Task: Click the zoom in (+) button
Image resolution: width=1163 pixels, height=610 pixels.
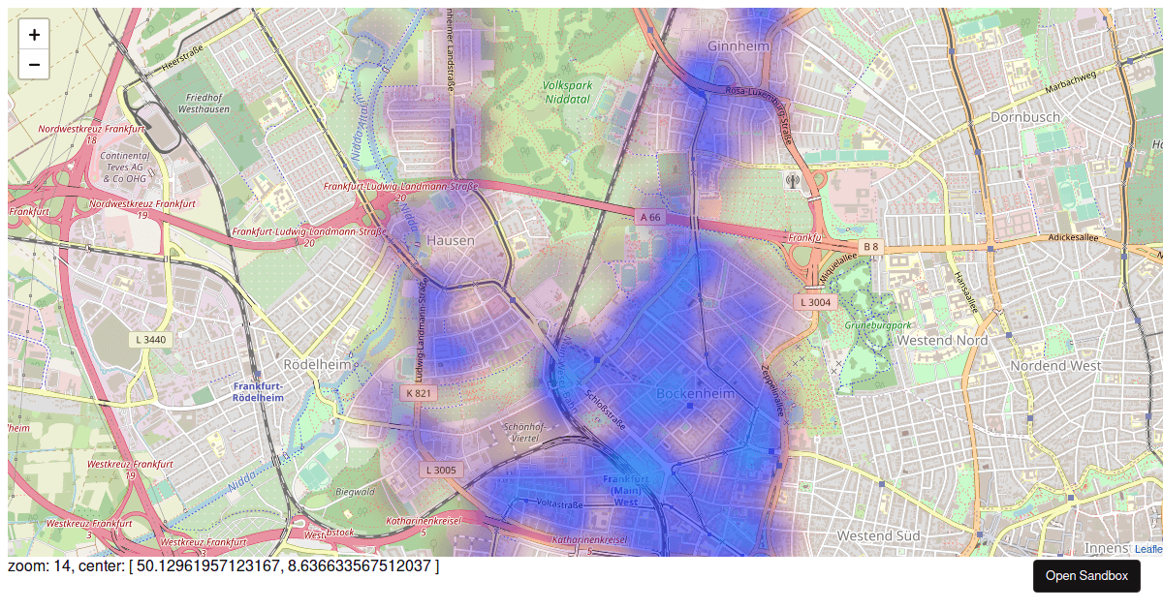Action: coord(34,35)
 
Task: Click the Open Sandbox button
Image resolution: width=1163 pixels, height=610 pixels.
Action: coord(1086,576)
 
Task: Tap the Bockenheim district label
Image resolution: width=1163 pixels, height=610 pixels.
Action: coord(696,394)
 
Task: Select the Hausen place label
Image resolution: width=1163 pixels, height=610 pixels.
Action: coord(451,240)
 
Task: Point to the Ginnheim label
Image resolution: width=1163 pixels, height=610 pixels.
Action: coord(739,46)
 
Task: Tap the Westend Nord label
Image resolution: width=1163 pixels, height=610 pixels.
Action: coord(942,340)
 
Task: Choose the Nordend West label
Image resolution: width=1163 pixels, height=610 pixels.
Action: coord(1055,365)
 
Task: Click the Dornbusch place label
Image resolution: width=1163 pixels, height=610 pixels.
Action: coord(1024,117)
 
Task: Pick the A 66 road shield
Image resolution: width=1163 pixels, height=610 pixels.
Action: coord(650,218)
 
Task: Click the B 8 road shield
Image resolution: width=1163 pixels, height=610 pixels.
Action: coord(870,247)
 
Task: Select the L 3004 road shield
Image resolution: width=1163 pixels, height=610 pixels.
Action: coord(815,302)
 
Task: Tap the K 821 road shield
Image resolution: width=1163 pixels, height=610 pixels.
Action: coord(419,393)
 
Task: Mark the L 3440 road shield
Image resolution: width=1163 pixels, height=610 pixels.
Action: coord(151,340)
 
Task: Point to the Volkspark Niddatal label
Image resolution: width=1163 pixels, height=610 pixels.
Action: coord(567,92)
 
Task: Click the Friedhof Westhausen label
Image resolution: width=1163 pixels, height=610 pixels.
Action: coord(204,104)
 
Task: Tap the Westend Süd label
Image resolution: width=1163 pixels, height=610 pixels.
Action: coord(878,535)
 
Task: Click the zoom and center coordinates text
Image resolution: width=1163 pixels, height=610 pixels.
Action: coord(224,565)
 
